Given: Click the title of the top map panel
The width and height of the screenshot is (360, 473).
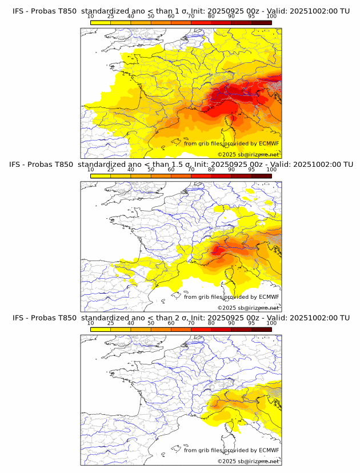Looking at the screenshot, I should (x=181, y=11).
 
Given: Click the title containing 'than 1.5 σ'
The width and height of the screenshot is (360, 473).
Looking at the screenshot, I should (x=181, y=165).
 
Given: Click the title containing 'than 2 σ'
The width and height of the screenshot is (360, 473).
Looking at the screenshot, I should (x=181, y=318).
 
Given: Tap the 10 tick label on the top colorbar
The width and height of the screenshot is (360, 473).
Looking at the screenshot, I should (x=91, y=17).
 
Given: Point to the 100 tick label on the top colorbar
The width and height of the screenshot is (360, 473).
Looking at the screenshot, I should (x=271, y=17).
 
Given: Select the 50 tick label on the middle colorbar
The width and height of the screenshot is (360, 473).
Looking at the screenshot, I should (x=151, y=170).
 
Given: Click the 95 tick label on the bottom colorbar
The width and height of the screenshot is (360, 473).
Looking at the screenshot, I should (x=251, y=323).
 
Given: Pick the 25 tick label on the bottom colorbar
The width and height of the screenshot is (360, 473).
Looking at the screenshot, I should (x=111, y=323).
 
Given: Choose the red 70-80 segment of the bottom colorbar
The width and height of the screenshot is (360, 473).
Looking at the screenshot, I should (x=201, y=329).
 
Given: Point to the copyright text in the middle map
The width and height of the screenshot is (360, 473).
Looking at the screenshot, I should (x=248, y=308).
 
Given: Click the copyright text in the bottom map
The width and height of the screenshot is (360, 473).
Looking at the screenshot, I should (x=248, y=461).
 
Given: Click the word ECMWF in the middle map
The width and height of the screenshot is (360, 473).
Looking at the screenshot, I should (x=269, y=297).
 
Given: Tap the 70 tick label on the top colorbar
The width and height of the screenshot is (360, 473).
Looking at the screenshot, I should (x=191, y=17).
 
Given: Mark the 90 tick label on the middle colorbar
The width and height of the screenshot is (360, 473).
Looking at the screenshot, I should (x=231, y=170).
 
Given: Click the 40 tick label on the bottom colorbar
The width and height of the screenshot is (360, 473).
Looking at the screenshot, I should (x=131, y=323).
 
